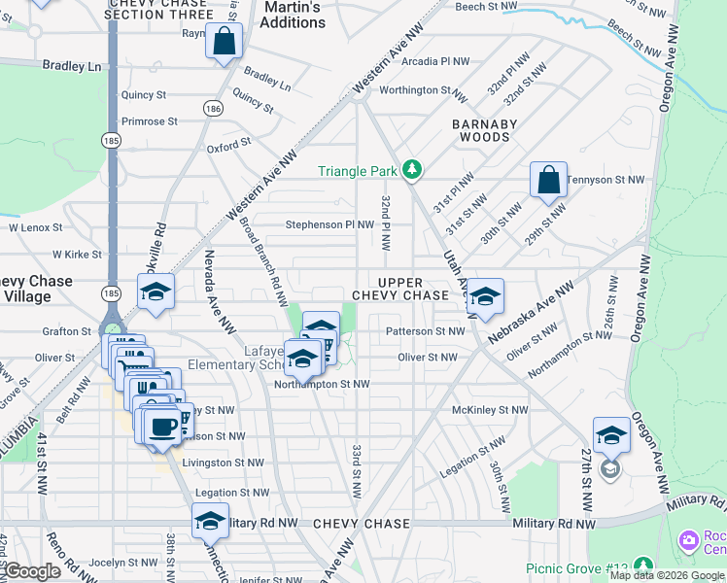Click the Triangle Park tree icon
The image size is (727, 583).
click(x=413, y=171)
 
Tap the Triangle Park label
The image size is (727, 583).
click(x=359, y=172)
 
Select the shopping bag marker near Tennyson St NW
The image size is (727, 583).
click(x=548, y=181)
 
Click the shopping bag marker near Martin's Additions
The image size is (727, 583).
click(x=224, y=43)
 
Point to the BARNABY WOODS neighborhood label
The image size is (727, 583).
click(x=484, y=130)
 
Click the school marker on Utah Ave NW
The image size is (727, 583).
click(x=485, y=299)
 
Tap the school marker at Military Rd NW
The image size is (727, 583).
click(x=210, y=523)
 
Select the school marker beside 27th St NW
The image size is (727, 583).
click(x=611, y=436)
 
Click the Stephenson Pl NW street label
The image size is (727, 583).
click(x=329, y=224)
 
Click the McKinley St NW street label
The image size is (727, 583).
click(x=490, y=410)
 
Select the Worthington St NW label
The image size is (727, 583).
click(x=417, y=90)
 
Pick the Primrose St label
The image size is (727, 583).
click(x=149, y=122)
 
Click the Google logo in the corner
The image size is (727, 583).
click(x=32, y=571)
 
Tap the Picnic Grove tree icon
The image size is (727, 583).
click(x=643, y=565)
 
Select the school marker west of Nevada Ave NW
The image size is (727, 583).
click(x=155, y=293)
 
